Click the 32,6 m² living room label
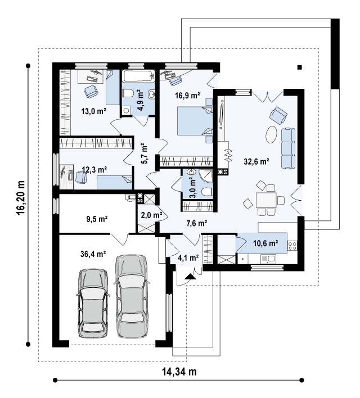[256, 161]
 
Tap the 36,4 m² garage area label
[93, 254]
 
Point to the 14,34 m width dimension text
[179, 372]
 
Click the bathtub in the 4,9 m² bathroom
[138, 76]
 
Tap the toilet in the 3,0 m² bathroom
[207, 192]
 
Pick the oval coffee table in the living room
[271, 134]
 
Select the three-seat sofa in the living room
[288, 148]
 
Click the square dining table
[266, 200]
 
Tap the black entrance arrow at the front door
[190, 277]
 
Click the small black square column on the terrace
[300, 67]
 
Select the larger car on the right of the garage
[131, 296]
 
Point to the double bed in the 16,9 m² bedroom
[195, 121]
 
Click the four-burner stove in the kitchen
[292, 246]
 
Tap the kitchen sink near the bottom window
[268, 259]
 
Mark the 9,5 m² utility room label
[97, 219]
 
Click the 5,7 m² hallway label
[144, 154]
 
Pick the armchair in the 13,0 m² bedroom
[91, 92]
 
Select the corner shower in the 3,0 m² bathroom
[206, 176]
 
